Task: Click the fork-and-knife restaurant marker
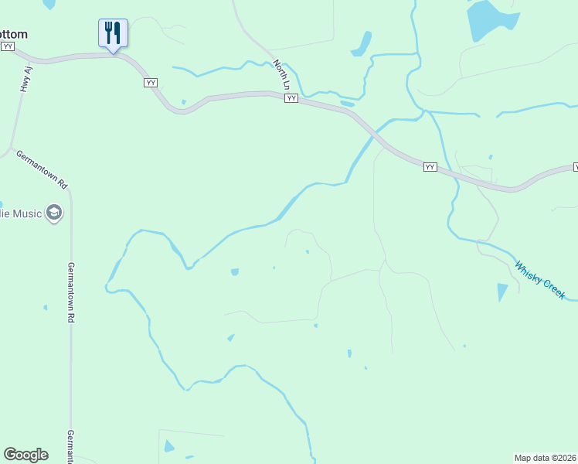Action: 113,33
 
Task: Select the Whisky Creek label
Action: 540,279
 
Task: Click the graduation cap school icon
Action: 53,213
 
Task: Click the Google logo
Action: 25,455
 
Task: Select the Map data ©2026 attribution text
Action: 545,457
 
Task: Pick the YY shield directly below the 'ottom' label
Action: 8,46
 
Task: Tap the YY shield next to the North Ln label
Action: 291,98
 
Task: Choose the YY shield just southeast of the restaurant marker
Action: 151,82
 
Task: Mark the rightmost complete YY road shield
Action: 430,166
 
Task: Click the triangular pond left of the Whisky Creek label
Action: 502,292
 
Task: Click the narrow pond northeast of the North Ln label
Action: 362,44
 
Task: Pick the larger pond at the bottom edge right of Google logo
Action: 168,446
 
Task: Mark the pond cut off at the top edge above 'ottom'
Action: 49,4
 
